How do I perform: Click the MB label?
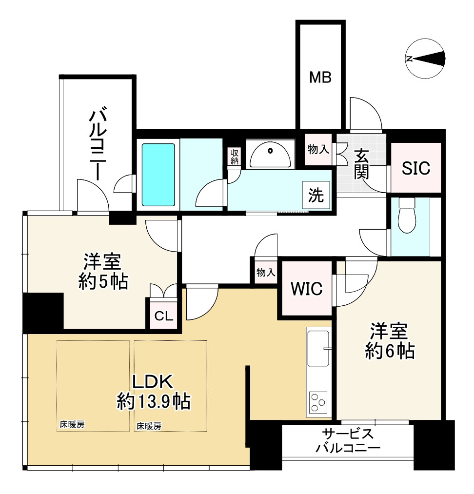click(321, 77)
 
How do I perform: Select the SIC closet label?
click(416, 168)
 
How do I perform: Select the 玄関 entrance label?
click(361, 164)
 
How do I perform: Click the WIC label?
click(306, 289)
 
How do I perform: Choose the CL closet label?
click(164, 316)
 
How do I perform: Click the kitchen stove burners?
click(319, 403)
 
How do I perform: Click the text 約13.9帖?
click(154, 401)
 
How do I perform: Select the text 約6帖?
click(390, 351)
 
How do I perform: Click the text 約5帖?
click(103, 281)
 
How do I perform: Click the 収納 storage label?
click(235, 157)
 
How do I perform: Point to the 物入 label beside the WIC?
click(266, 273)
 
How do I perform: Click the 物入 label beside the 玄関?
click(318, 149)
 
